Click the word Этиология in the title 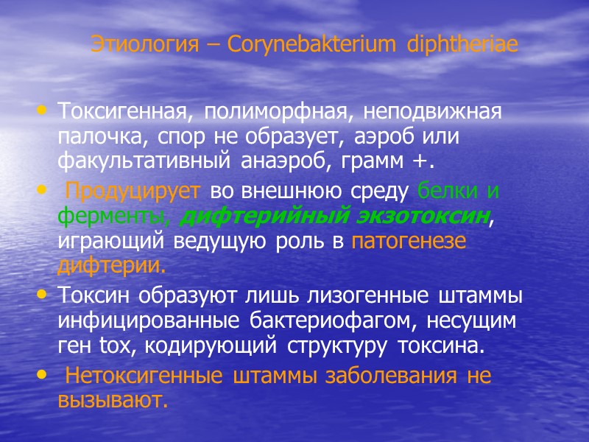138,45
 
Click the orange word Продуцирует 133,191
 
